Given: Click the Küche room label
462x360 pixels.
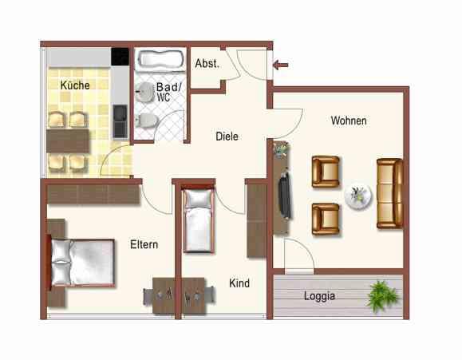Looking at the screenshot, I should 75,85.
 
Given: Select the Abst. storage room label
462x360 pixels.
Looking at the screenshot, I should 207,63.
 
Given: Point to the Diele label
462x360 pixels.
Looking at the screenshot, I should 227,136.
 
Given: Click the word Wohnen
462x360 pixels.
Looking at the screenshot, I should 349,121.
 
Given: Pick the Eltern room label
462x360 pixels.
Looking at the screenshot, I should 144,245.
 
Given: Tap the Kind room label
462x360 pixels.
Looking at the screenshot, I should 239,283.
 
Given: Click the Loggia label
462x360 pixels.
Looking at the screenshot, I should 319,296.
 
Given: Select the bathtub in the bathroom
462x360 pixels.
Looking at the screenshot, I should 160,59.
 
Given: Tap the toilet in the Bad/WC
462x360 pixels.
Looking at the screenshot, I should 146,120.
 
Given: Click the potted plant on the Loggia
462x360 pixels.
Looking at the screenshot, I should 381,295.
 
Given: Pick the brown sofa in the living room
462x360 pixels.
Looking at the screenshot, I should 389,193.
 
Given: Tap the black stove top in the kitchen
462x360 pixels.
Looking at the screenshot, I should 120,57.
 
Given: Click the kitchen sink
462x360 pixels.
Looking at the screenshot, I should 120,122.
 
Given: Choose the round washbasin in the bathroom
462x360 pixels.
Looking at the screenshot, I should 143,90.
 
